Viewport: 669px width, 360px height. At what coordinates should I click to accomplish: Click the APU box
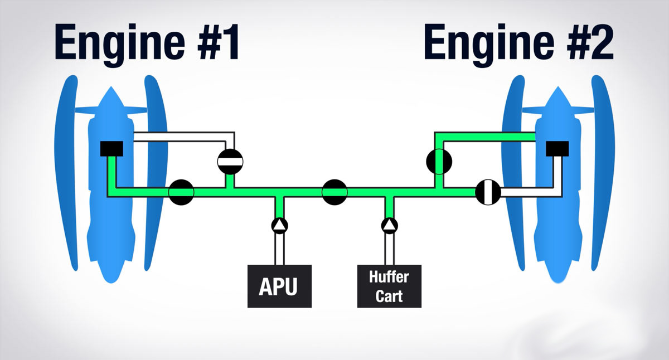click(279, 286)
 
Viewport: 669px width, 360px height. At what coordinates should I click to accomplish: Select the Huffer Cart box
click(389, 286)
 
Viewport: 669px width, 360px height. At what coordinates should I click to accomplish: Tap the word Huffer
click(389, 278)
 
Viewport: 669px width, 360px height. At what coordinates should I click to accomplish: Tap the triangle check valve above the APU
click(279, 225)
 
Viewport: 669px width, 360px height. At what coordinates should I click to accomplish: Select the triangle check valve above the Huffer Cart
click(389, 225)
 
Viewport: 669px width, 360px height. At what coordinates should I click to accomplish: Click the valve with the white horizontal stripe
click(230, 161)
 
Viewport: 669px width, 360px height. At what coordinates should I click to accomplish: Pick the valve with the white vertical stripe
click(488, 192)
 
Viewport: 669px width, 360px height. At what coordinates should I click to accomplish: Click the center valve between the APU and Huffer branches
click(334, 192)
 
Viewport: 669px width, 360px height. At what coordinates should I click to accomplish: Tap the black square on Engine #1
click(111, 149)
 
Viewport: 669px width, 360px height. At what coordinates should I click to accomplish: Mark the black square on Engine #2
click(557, 149)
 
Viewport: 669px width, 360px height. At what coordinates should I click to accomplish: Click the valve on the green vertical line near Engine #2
click(439, 161)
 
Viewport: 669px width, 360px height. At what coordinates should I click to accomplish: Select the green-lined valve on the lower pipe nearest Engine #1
click(181, 192)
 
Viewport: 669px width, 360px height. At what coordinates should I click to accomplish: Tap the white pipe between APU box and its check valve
click(279, 249)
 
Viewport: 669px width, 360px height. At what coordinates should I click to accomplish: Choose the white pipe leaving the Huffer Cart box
click(389, 249)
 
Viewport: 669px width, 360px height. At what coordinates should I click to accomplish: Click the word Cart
click(389, 295)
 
